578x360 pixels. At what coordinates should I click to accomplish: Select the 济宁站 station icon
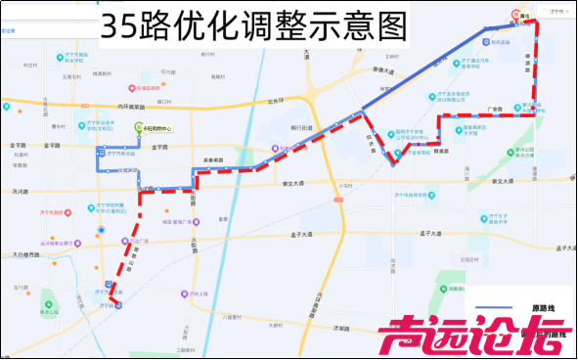119,304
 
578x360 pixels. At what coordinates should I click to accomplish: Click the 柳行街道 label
301,128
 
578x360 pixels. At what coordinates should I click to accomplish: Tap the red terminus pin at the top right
518,14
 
